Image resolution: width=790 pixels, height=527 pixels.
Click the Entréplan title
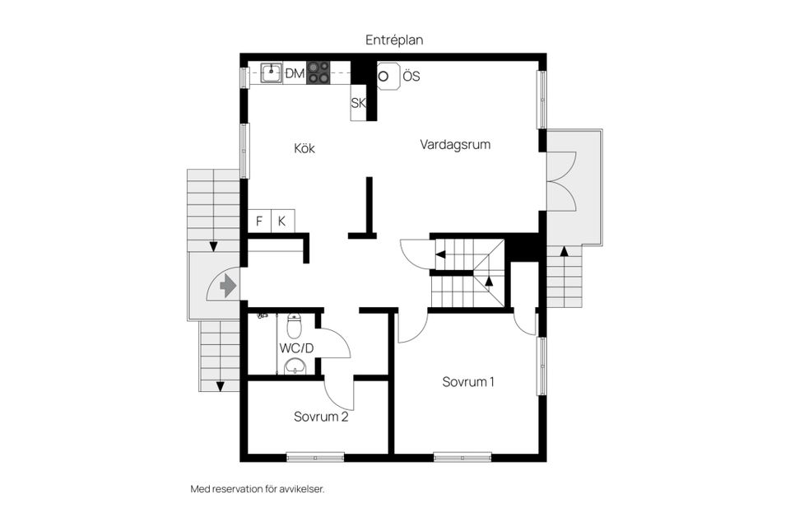tap(394, 40)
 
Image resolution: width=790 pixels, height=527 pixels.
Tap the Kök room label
tap(304, 149)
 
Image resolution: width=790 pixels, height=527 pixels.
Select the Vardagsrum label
tap(455, 145)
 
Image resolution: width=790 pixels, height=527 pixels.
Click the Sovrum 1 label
tap(468, 382)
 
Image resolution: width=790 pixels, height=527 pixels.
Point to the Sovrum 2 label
tap(321, 417)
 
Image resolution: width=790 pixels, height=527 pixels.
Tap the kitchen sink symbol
tap(272, 72)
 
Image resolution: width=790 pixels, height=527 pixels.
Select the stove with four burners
tap(318, 72)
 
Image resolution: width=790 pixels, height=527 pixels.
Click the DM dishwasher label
tap(295, 74)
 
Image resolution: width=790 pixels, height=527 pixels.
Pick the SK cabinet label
tap(358, 104)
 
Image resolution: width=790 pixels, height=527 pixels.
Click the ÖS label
tap(411, 77)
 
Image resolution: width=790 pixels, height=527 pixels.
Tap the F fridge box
tap(259, 221)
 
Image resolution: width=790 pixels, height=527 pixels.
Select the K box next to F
tap(282, 221)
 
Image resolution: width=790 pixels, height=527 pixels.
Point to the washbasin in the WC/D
tap(294, 366)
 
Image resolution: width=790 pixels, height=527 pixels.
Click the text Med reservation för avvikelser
tap(258, 489)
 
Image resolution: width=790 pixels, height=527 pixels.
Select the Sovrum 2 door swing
tap(340, 394)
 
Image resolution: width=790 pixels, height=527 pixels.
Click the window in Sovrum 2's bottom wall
tap(315, 457)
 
